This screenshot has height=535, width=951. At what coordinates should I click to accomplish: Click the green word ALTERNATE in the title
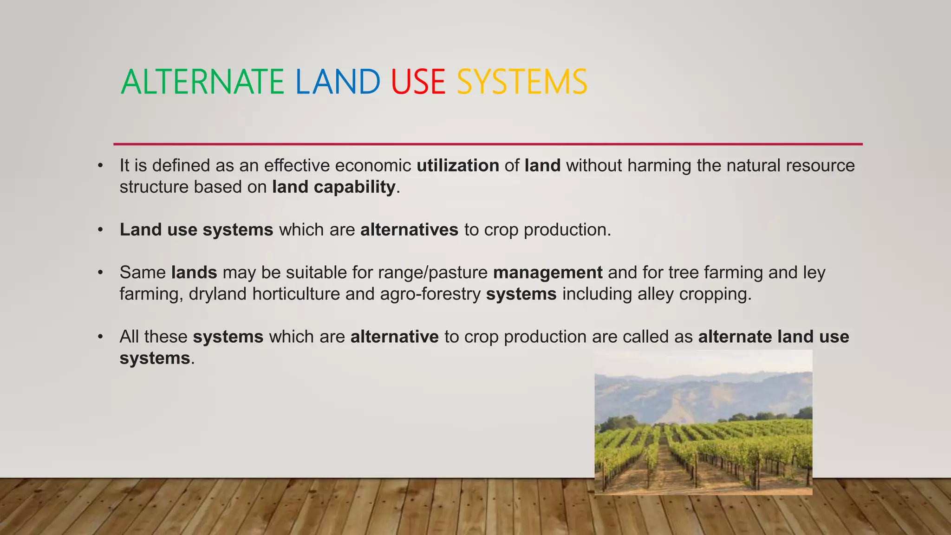pos(202,82)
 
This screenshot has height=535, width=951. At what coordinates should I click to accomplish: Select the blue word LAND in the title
pos(338,82)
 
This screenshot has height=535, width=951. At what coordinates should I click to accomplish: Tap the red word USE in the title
pos(418,82)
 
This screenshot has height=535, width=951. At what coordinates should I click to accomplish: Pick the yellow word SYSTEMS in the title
pos(522,82)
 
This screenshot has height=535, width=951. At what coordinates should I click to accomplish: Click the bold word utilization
pos(458,166)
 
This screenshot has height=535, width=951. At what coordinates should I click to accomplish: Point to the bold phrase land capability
pos(333,187)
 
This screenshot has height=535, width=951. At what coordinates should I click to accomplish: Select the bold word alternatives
pos(409,230)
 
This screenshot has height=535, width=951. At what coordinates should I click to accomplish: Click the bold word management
pos(547,273)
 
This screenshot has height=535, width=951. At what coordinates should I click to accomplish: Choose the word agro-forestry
pos(430,294)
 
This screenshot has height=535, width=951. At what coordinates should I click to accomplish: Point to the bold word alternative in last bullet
pos(394,337)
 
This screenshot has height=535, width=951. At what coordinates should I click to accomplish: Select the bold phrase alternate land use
pos(773,337)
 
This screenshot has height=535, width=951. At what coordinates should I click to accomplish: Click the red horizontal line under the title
pos(488,144)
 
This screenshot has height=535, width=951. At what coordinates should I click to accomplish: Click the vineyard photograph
pos(703,423)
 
